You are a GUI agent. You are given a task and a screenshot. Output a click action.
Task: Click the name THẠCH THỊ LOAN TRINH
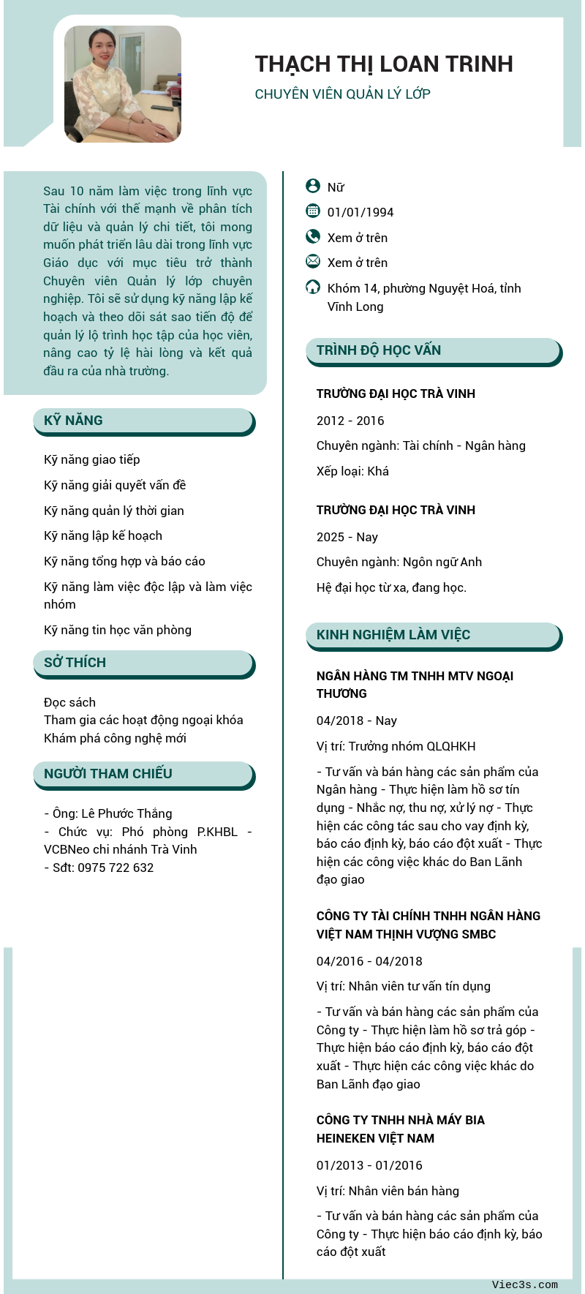pyautogui.click(x=384, y=64)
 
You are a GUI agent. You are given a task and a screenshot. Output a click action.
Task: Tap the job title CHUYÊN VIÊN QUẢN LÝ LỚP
pyautogui.click(x=342, y=94)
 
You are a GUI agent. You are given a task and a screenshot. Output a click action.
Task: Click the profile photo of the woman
pyautogui.click(x=123, y=84)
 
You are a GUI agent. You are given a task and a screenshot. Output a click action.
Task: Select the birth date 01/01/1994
pyautogui.click(x=361, y=212)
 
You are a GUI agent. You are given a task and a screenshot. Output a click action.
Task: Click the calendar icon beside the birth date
pyautogui.click(x=313, y=211)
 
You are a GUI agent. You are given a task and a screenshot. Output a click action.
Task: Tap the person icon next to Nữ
pyautogui.click(x=313, y=187)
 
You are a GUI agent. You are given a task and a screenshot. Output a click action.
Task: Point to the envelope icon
pyautogui.click(x=313, y=261)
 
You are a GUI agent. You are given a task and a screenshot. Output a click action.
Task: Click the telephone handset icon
pyautogui.click(x=313, y=236)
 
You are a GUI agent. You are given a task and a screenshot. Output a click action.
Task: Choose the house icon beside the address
pyautogui.click(x=313, y=287)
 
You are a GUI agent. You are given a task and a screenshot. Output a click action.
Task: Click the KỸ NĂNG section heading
pyautogui.click(x=73, y=421)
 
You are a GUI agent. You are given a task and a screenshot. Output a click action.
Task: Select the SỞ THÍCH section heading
pyautogui.click(x=75, y=663)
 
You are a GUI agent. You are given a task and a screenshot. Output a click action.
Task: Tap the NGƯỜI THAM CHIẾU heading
pyautogui.click(x=108, y=774)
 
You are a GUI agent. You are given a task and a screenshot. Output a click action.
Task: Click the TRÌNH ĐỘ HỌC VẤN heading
pyautogui.click(x=379, y=350)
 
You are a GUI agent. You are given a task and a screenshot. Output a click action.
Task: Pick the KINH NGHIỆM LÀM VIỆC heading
pyautogui.click(x=393, y=635)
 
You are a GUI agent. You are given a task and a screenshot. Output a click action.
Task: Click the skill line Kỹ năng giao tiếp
pyautogui.click(x=92, y=459)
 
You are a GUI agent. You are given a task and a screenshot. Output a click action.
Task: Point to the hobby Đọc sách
pyautogui.click(x=69, y=702)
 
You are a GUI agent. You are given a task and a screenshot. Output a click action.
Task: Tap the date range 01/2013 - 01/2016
pyautogui.click(x=369, y=1165)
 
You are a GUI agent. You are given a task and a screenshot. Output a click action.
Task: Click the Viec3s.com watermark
pyautogui.click(x=524, y=1284)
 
